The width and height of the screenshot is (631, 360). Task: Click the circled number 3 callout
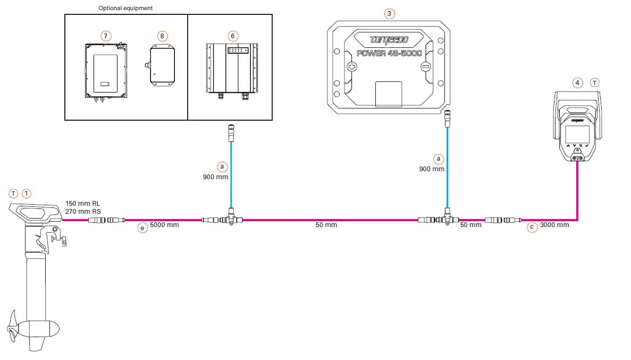click(x=390, y=14)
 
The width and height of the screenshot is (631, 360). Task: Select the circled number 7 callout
click(x=106, y=36)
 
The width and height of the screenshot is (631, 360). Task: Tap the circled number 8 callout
click(x=163, y=36)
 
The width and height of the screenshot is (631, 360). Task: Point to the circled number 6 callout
click(x=232, y=36)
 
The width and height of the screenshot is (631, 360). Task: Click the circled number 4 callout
click(x=578, y=83)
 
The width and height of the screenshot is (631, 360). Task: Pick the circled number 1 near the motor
click(x=27, y=194)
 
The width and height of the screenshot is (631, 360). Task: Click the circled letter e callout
click(x=142, y=228)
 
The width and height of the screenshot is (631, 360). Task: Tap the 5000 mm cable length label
click(x=164, y=225)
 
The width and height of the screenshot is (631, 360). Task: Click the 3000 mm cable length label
click(x=554, y=225)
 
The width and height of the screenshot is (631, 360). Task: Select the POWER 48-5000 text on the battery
click(x=389, y=53)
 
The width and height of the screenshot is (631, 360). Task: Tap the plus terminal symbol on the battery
click(x=352, y=67)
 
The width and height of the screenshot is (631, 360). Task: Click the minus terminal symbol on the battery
click(x=425, y=67)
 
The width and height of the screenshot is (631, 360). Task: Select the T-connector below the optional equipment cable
click(x=231, y=219)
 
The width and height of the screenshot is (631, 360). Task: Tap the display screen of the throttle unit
click(x=577, y=133)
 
